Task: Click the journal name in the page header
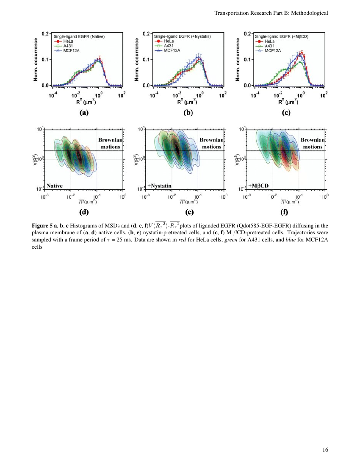click(271, 13)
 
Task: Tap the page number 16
click(325, 450)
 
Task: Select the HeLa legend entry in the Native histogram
click(64, 41)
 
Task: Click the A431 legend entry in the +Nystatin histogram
click(166, 45)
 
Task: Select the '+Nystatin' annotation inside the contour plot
click(162, 186)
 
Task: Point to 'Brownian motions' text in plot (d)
click(111, 143)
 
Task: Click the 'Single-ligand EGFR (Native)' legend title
click(79, 36)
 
